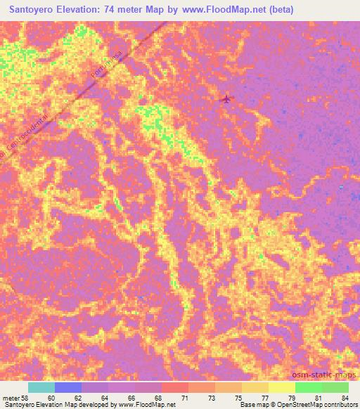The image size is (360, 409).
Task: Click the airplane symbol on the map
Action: point(226,99)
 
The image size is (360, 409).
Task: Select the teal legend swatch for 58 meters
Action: point(41,387)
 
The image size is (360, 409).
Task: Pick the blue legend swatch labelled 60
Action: point(68,387)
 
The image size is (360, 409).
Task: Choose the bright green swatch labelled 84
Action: point(335,387)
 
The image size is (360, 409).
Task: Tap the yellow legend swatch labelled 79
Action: point(281,387)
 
